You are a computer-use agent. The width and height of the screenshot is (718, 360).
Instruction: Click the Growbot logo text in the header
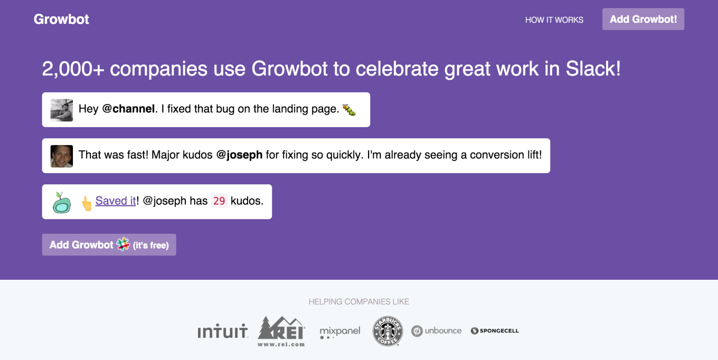point(61,19)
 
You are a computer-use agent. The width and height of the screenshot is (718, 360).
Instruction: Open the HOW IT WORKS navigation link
point(554,20)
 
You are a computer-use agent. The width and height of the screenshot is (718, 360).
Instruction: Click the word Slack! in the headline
point(593,69)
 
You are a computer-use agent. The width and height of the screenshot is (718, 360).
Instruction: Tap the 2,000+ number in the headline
point(73,69)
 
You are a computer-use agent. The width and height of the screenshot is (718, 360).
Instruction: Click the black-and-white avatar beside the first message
point(62,110)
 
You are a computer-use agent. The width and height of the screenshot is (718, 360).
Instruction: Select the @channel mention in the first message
point(128,109)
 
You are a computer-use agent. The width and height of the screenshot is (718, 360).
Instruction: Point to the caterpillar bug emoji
point(349,110)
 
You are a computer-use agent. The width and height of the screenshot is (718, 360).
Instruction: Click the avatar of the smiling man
point(62,156)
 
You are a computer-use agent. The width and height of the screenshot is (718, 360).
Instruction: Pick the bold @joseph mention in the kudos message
point(239,155)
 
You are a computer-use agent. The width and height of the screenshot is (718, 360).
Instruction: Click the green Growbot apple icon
point(62,202)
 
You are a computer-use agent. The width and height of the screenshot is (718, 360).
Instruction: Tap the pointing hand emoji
point(86,203)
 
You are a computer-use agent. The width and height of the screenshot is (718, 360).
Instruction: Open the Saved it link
point(116,201)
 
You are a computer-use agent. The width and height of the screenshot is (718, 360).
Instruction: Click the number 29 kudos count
point(219,201)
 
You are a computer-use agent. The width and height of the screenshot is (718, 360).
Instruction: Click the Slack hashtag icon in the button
point(123,244)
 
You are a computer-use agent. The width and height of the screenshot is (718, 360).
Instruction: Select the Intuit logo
point(223,331)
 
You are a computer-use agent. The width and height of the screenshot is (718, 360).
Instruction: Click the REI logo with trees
point(281,331)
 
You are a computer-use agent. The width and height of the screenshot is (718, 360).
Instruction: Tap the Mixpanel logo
point(340,333)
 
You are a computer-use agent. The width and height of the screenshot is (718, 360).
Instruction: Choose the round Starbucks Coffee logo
point(388,331)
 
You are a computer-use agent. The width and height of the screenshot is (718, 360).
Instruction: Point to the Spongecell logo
point(495,331)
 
